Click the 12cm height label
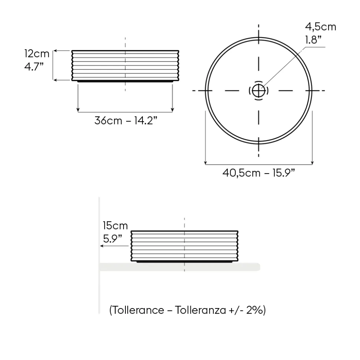37,54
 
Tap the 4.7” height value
34,67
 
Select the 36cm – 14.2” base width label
126,120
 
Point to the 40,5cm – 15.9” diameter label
259,173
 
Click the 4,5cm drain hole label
321,27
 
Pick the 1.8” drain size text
313,40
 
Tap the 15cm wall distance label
115,226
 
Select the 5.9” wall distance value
112,239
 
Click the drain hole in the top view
259,91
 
